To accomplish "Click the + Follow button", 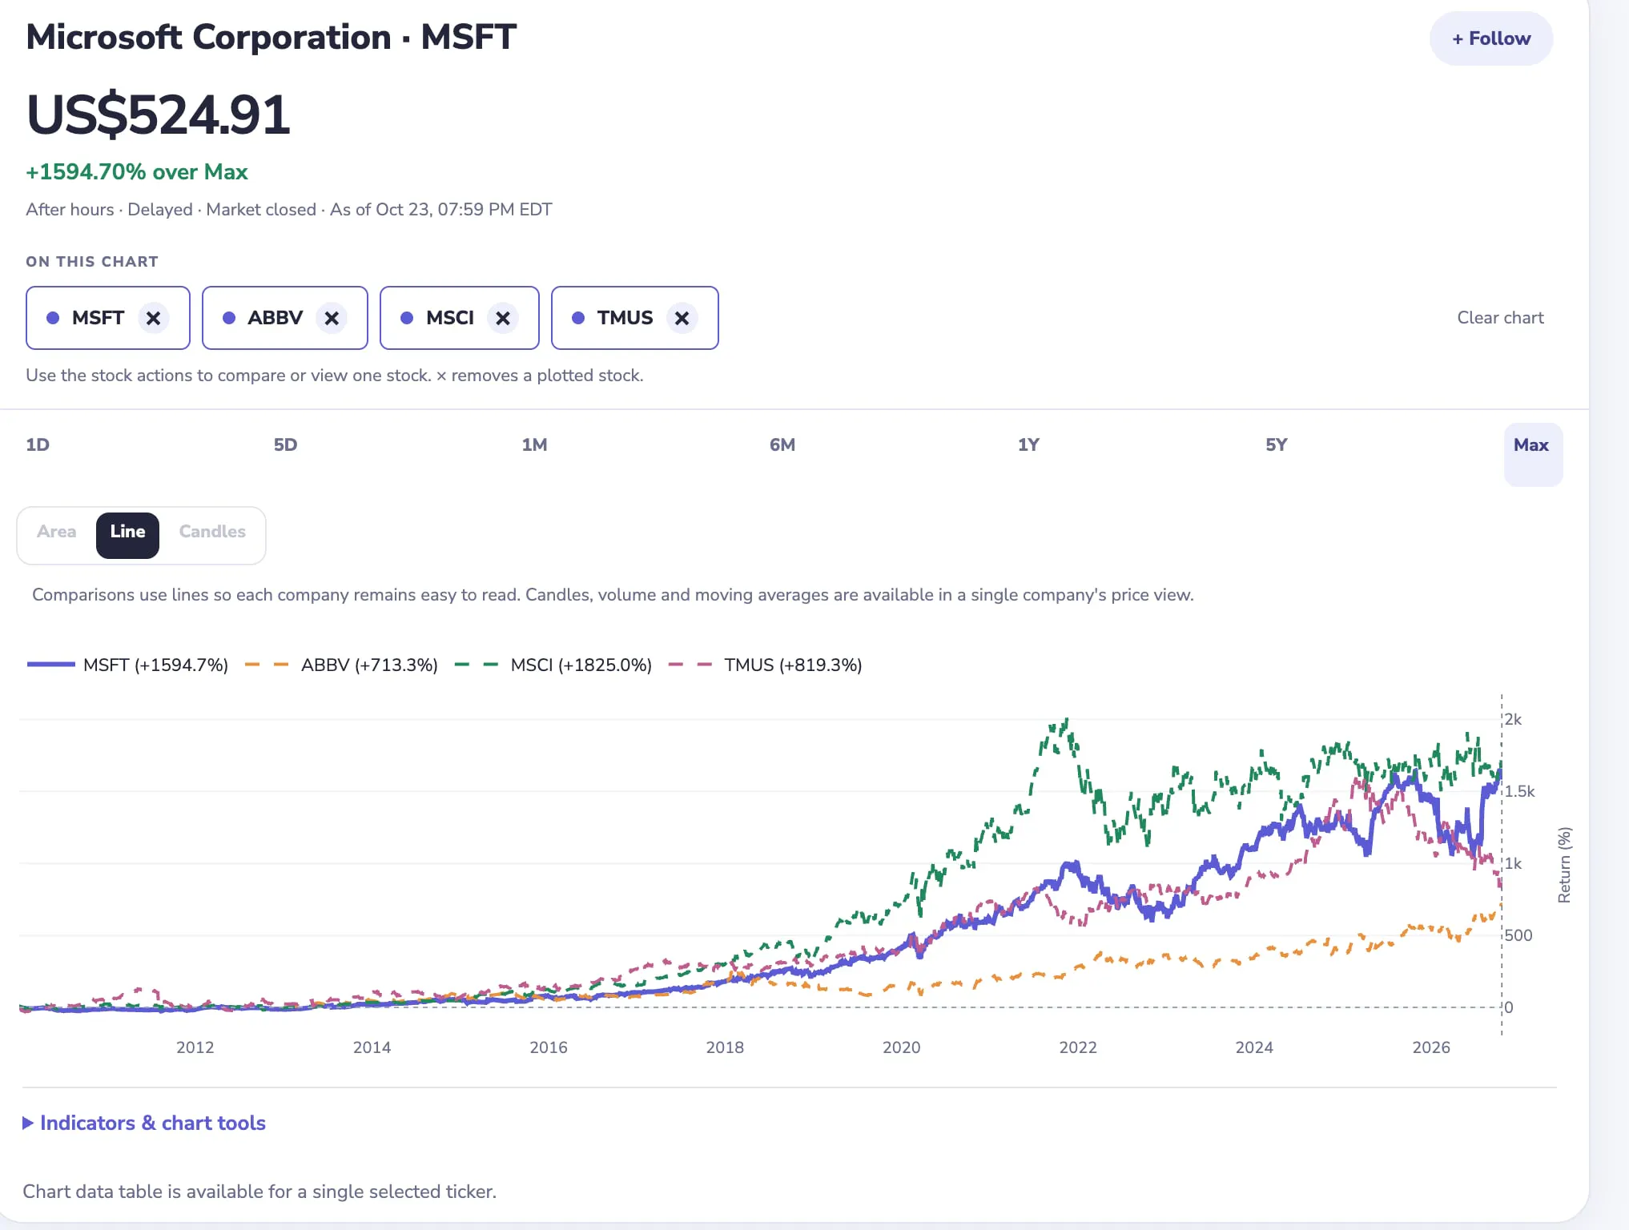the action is tap(1490, 38).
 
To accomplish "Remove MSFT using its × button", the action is tap(153, 318).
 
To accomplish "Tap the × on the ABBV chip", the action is tap(332, 318).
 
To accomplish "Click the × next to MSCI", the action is tap(503, 318).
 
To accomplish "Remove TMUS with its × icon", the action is tap(682, 318).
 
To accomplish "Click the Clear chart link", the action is tap(1500, 318).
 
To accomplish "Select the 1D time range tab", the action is tap(38, 445).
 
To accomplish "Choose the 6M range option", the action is tap(782, 445).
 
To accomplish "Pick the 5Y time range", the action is tap(1277, 445).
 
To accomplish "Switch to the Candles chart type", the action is tap(212, 533).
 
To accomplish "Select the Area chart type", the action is tap(56, 533).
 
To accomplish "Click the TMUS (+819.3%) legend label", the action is tap(793, 665).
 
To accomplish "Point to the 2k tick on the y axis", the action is tap(1513, 719).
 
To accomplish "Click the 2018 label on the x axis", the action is tap(725, 1047).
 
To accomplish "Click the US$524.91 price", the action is tap(158, 115).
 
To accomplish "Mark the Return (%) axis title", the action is tap(1564, 865).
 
